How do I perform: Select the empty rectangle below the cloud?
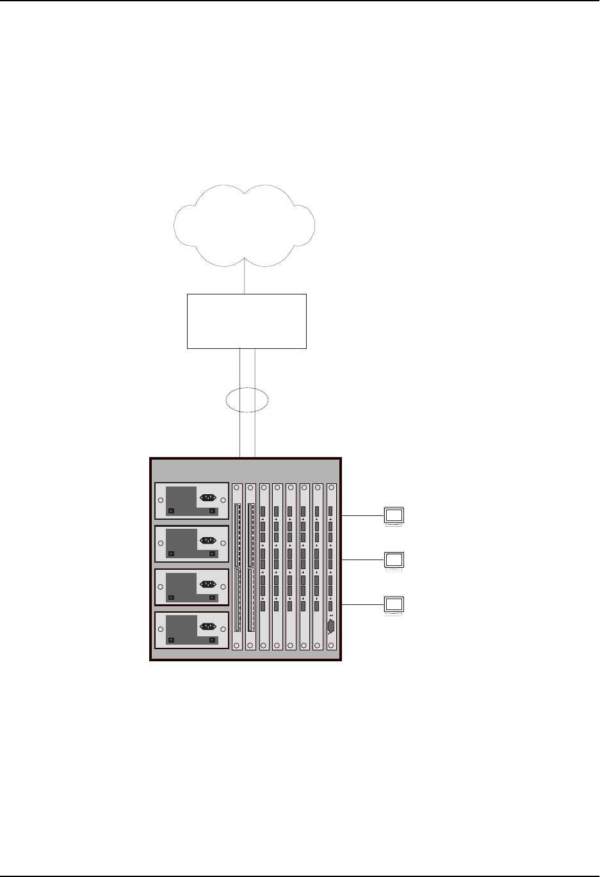(x=247, y=321)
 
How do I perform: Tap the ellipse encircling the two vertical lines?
(x=247, y=400)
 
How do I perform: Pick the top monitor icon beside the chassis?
(x=393, y=516)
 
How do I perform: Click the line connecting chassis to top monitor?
(x=362, y=515)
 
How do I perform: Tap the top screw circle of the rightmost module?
(x=331, y=490)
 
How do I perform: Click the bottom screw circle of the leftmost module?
(x=237, y=645)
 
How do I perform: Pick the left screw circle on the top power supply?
(x=160, y=501)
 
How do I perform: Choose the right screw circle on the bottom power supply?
(x=223, y=630)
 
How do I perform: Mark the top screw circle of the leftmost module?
(x=237, y=490)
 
